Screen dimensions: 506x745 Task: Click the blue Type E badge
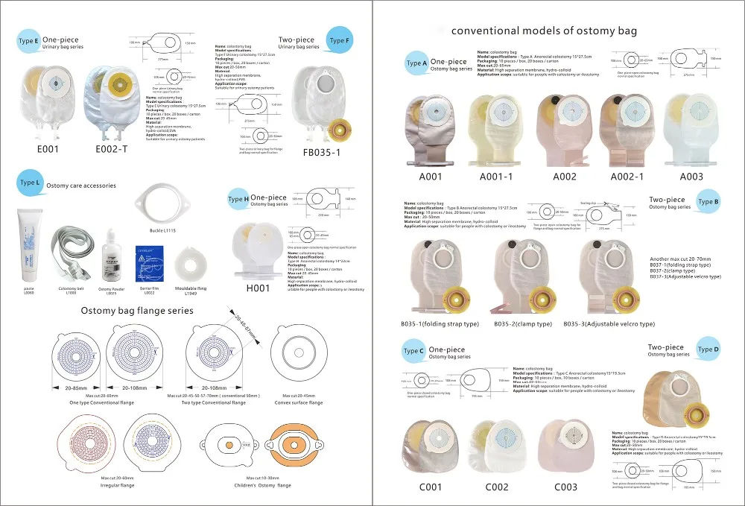[x=28, y=42]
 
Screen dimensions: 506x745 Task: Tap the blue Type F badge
[x=338, y=40]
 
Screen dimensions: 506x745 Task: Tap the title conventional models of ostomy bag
[x=545, y=31]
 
